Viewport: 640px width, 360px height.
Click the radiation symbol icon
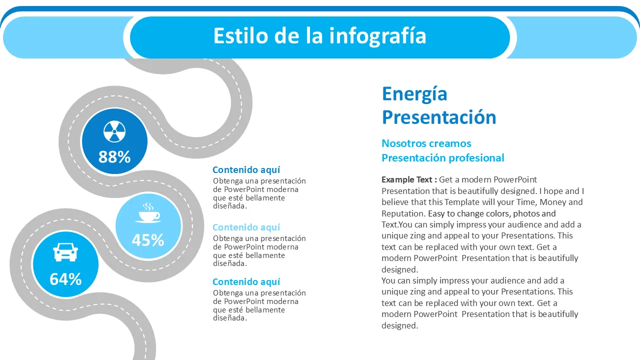114,131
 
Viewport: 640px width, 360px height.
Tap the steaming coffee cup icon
148,213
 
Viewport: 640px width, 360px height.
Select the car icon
65,252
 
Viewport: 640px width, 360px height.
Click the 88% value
114,157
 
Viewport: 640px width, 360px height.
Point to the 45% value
148,240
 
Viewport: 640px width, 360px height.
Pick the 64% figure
65,279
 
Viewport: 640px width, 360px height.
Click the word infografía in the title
377,36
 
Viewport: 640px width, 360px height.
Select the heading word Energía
414,94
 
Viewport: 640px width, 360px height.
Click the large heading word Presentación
439,117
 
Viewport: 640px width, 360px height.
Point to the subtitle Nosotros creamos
426,143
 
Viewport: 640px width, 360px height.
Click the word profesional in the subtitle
477,158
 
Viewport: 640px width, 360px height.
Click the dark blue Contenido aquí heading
246,169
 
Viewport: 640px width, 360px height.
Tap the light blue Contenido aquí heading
246,227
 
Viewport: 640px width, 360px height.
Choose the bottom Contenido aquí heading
246,281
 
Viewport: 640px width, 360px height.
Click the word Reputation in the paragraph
403,213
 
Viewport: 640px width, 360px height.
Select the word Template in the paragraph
462,202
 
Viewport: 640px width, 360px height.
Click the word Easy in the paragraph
436,213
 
